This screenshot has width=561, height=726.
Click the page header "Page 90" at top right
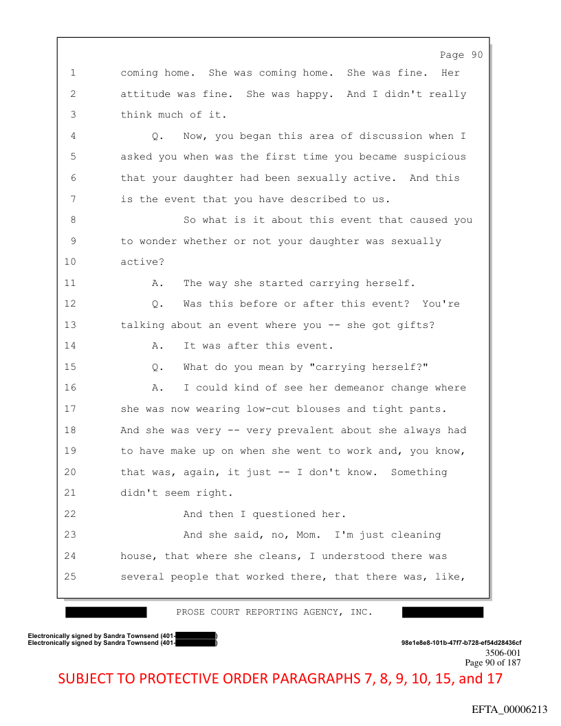click(x=461, y=55)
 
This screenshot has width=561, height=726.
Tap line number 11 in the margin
click(x=72, y=283)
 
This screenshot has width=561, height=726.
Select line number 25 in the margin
click(x=72, y=576)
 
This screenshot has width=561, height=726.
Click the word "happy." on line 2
click(x=316, y=94)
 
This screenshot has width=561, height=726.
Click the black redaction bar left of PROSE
click(x=107, y=612)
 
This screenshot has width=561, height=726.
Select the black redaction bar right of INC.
click(x=443, y=612)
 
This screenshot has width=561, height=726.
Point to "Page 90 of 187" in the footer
click(x=493, y=663)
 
